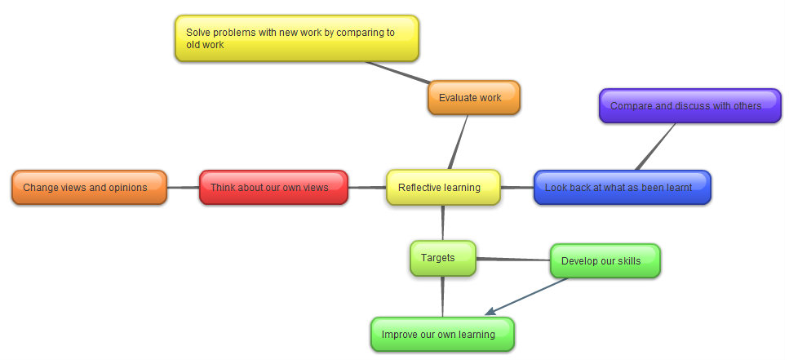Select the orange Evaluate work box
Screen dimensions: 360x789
point(473,98)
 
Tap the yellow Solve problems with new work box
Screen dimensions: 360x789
point(296,38)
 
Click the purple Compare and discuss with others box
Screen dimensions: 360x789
point(689,106)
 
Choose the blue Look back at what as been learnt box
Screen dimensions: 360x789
point(622,188)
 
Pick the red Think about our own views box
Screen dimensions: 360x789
point(273,188)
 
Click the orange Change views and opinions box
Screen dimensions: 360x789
point(89,188)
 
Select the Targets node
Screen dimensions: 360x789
point(442,259)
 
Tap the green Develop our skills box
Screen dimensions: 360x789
point(604,261)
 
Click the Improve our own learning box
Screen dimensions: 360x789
point(442,335)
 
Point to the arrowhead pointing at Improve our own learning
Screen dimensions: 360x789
point(490,312)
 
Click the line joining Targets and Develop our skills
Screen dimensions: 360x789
point(512,260)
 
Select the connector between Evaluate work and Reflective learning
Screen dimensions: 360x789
point(458,143)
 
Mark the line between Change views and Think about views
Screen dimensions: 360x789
point(183,188)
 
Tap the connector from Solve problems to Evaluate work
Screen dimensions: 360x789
point(397,72)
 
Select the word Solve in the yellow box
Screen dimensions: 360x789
point(198,33)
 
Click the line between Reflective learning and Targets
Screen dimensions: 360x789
point(443,223)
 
